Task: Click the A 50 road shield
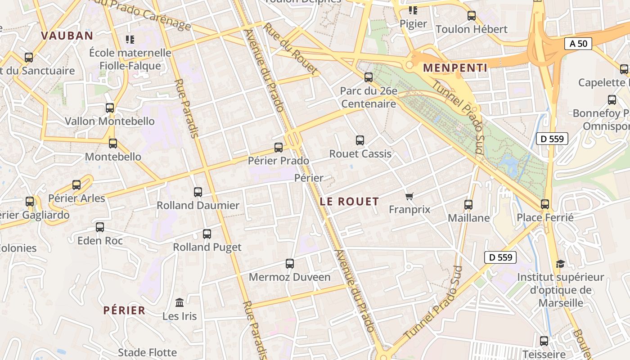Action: (x=578, y=44)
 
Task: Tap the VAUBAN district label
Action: (x=67, y=36)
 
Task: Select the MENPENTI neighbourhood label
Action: (x=455, y=68)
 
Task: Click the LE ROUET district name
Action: (x=349, y=202)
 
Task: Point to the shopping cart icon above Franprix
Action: (x=409, y=196)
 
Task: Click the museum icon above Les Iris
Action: (x=180, y=302)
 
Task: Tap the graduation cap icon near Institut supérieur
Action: (x=560, y=264)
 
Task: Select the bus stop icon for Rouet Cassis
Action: (x=360, y=140)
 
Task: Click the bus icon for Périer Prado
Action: (x=279, y=148)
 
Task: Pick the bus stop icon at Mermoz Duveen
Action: (x=290, y=264)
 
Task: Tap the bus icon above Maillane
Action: (x=468, y=205)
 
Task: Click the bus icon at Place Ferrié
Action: (x=545, y=204)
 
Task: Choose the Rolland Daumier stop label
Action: (x=198, y=206)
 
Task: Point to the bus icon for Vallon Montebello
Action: (x=110, y=108)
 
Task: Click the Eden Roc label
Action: (x=100, y=241)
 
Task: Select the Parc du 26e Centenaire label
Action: (x=369, y=98)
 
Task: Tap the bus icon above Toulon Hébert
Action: (x=472, y=16)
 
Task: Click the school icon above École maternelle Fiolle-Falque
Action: (x=130, y=40)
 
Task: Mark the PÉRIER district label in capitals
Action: (x=124, y=310)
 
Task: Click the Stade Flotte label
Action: (x=147, y=352)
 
